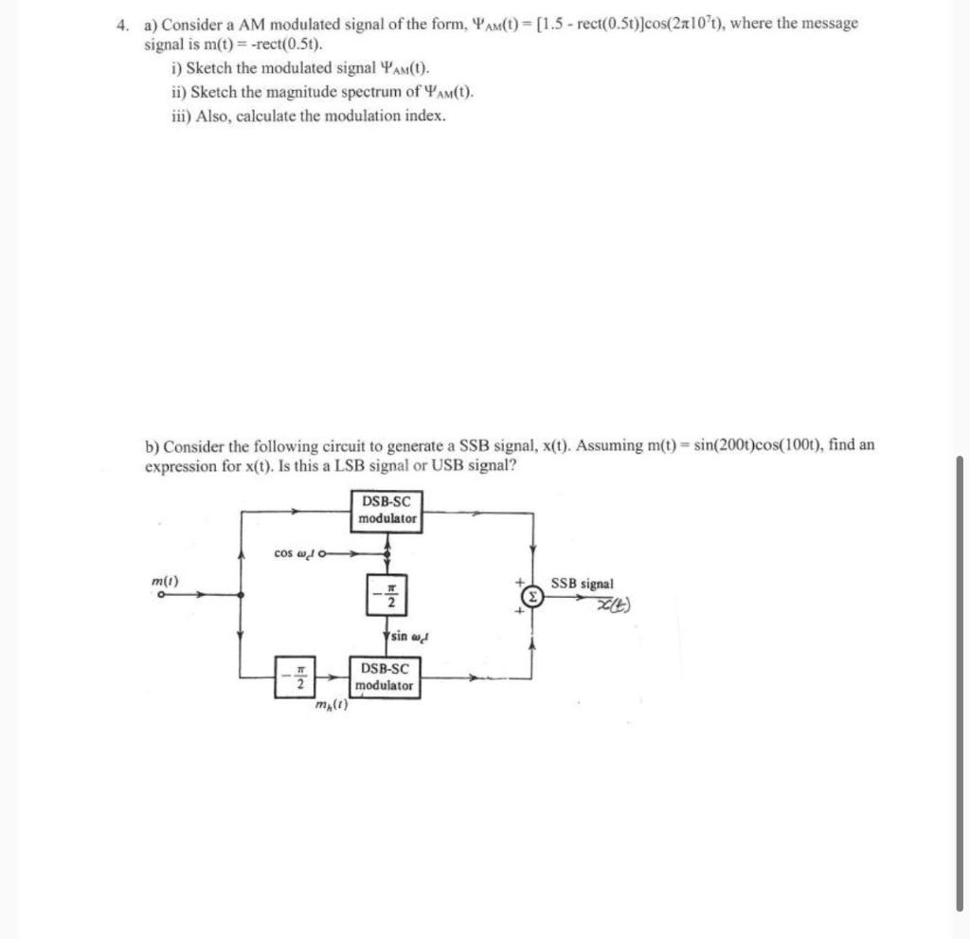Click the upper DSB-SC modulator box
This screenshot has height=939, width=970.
387,510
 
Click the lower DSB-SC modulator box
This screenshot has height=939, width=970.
386,677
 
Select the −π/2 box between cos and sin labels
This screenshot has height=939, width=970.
387,594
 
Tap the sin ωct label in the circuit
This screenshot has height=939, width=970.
410,636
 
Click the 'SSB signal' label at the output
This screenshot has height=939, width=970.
582,584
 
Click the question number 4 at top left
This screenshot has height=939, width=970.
121,25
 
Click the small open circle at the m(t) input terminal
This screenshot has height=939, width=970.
161,595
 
